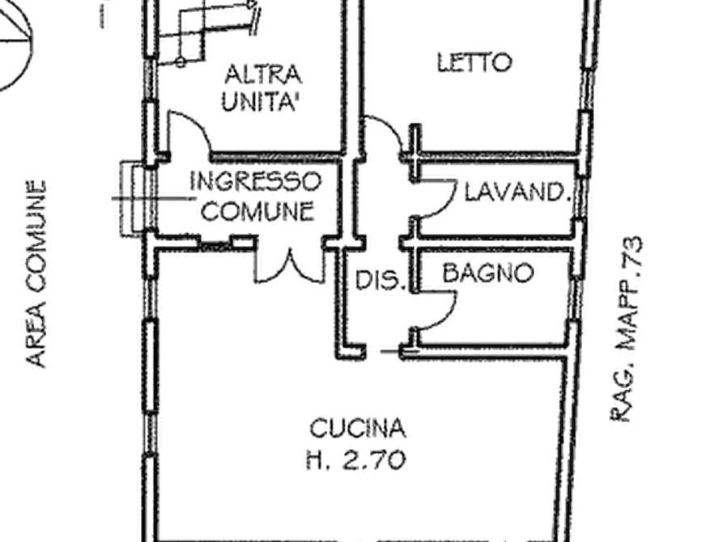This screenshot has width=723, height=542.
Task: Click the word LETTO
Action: [474, 62]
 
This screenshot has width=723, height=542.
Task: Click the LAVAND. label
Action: [513, 193]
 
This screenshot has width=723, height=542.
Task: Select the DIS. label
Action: [379, 281]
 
